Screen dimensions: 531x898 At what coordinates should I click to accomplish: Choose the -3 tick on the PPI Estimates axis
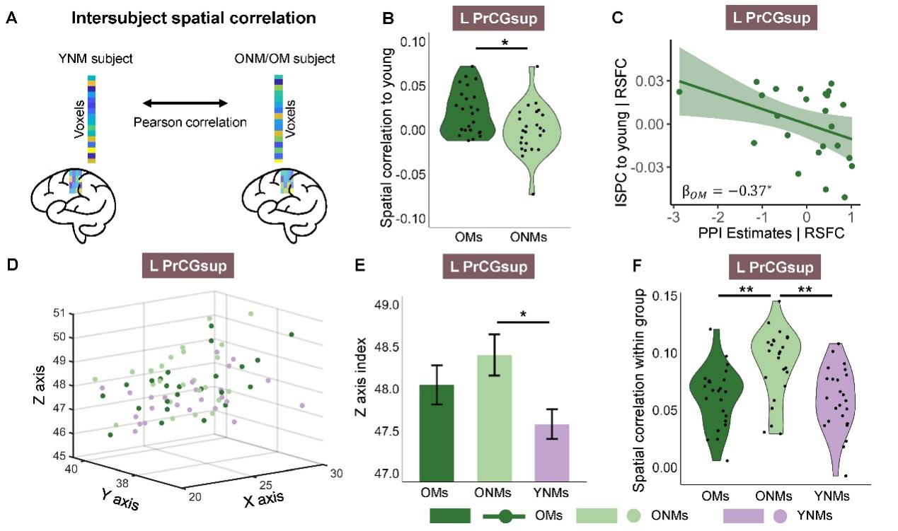point(678,216)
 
